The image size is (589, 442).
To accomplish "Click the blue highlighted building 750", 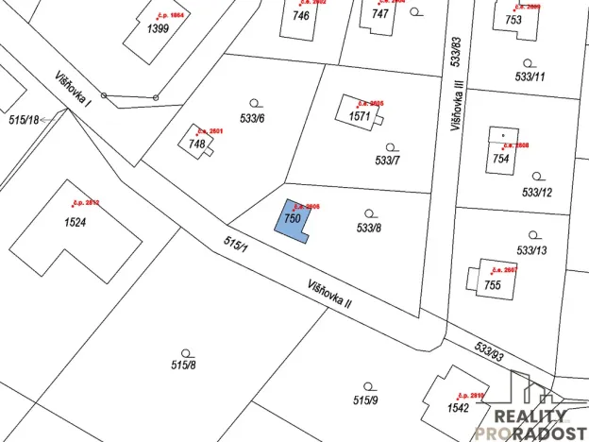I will pos(293,220).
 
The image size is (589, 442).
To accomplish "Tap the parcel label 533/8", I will pos(369,228).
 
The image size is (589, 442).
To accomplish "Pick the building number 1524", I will pos(76,223).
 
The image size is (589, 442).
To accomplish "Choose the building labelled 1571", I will pos(360,116).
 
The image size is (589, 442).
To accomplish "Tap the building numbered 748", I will pos(197,144).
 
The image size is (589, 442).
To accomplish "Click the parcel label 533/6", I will pos(253,118).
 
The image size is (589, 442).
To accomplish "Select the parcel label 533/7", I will pos(388,161).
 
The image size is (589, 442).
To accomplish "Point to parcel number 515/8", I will pos(183,365).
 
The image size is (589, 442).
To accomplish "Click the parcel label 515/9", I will pos(365,400).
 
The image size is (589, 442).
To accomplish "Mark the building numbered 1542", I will pos(459,407).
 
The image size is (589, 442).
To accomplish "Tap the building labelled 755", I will pos(492,284).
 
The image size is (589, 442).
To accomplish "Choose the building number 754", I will pos(500,159).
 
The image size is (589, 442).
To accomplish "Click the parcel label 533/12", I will pos(536,192).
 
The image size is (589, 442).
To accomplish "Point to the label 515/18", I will pos(24,120).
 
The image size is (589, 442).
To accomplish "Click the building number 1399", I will pos(158,29).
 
